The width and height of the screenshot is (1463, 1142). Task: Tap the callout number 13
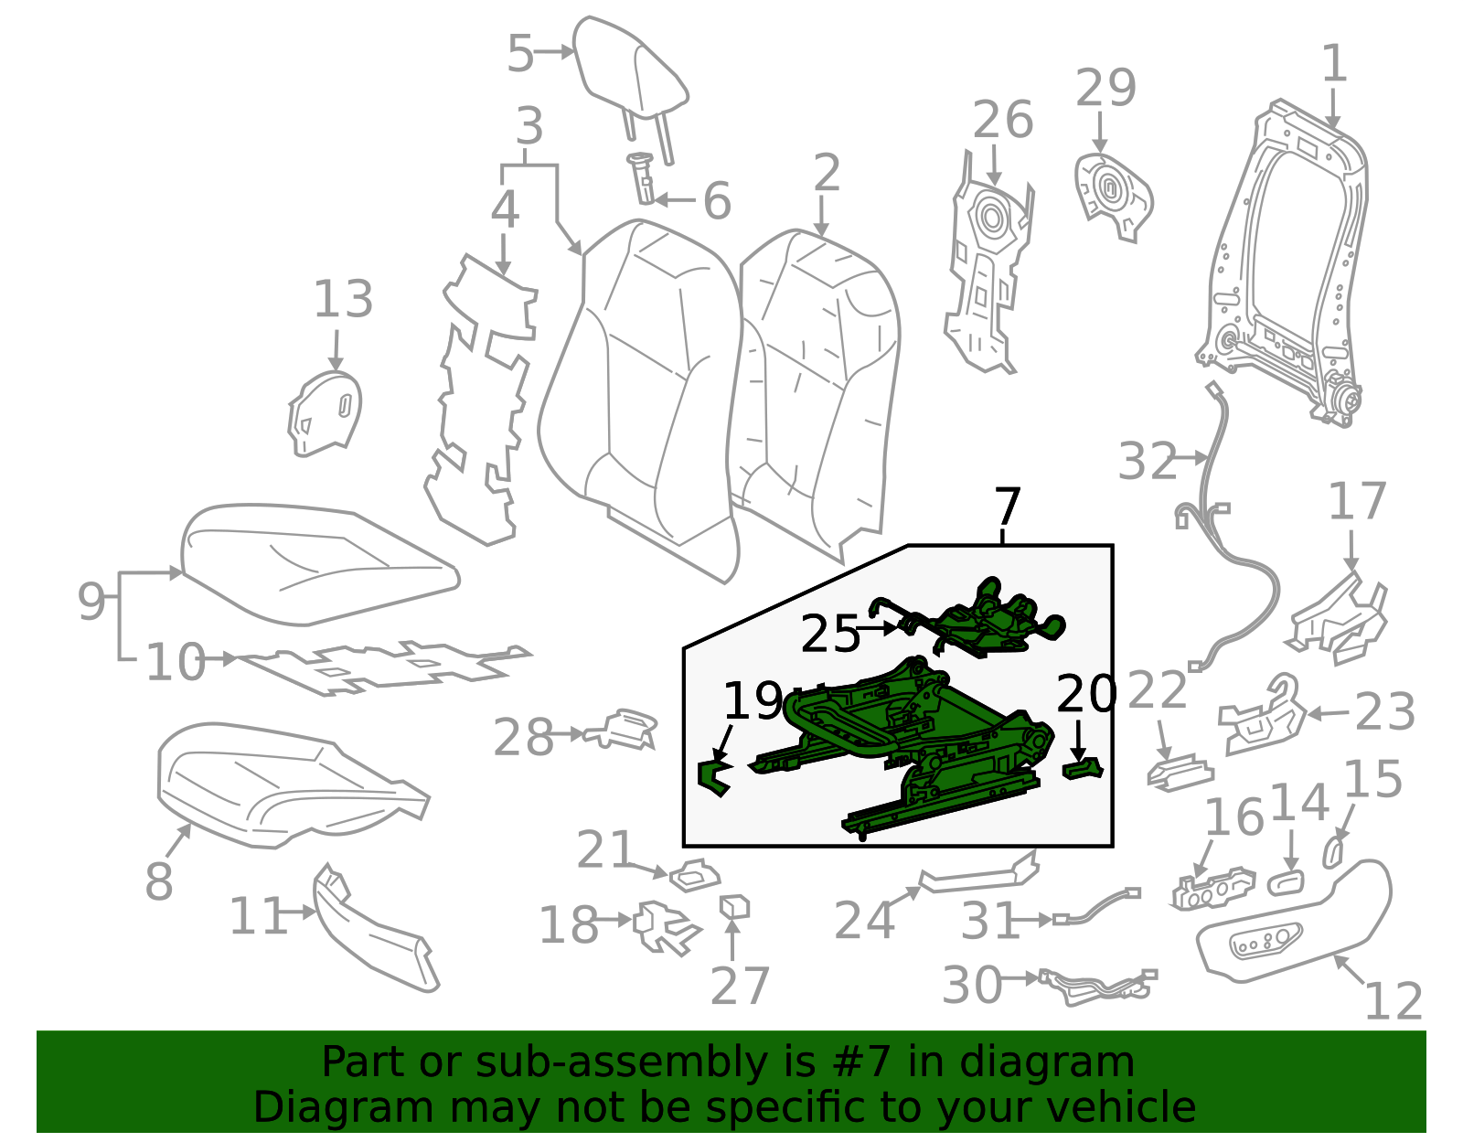(x=344, y=299)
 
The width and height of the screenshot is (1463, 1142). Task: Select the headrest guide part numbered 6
(x=641, y=178)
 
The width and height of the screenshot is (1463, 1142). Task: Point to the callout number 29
(x=1106, y=88)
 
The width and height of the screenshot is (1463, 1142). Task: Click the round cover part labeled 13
(x=325, y=413)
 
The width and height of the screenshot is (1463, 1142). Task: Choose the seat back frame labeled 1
(x=1283, y=262)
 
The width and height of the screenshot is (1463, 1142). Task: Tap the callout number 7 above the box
(x=1008, y=507)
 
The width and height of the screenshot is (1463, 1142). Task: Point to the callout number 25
(x=830, y=634)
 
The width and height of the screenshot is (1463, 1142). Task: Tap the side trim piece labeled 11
(x=374, y=931)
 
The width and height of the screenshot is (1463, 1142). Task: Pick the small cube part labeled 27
(x=734, y=907)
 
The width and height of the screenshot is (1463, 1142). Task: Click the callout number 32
(x=1148, y=461)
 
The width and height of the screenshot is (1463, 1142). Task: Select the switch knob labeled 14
(x=1286, y=882)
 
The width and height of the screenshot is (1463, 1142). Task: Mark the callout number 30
(x=971, y=985)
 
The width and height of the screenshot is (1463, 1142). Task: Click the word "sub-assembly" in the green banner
(x=621, y=1062)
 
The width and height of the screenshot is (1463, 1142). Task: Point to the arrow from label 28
(x=568, y=734)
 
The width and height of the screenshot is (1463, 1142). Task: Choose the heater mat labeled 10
(x=384, y=668)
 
